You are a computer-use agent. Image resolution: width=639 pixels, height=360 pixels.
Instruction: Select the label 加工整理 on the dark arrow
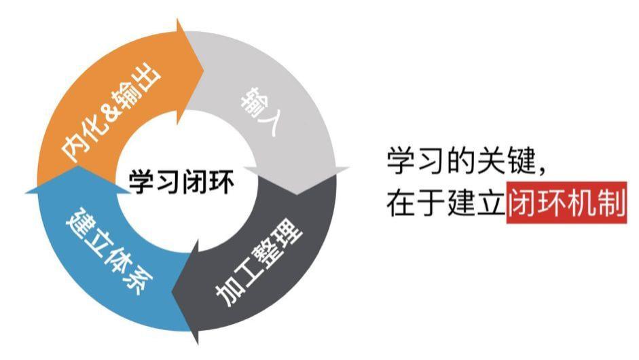[x=259, y=265]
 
